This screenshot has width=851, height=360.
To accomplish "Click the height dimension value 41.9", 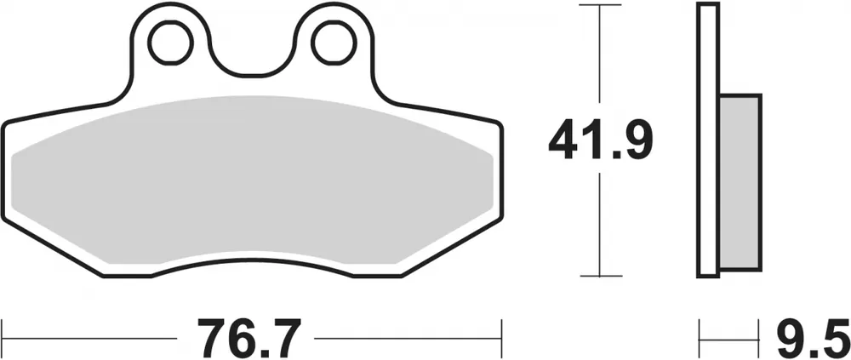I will (601, 140).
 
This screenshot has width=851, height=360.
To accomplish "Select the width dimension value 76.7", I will (250, 339).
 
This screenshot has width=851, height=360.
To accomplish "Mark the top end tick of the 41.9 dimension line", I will (601, 5).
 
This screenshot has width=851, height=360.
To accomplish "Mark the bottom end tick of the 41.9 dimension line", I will (601, 277).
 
